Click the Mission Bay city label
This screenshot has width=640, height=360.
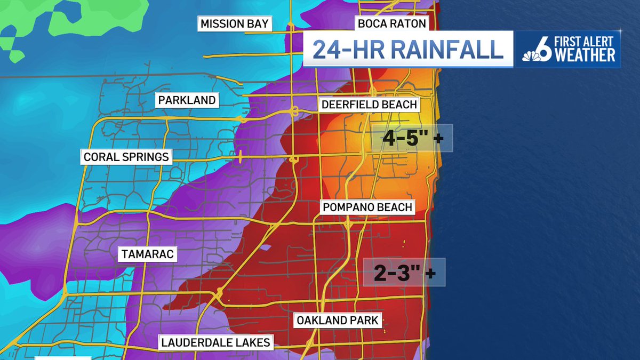[x=235, y=24]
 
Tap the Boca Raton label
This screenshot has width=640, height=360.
[x=391, y=24]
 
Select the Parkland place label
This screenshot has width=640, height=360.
[x=186, y=100]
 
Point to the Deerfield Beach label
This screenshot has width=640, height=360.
[x=369, y=105]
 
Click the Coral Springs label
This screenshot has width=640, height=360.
[x=126, y=157]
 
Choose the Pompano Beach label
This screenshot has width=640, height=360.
[x=367, y=207]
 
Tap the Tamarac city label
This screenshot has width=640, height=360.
[x=147, y=255]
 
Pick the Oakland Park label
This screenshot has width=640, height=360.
[x=338, y=321]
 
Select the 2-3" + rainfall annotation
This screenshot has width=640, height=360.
[x=404, y=273]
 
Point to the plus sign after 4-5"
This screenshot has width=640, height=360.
[x=438, y=139]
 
